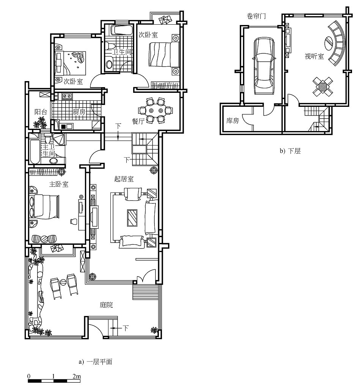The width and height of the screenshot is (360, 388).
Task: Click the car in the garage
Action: click(264, 66)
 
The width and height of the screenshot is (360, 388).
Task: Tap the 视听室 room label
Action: click(314, 56)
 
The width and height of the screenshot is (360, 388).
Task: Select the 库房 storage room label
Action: click(233, 120)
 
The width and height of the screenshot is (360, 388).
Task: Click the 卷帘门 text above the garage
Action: click(256, 16)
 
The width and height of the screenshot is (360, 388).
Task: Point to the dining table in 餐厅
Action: click(156, 110)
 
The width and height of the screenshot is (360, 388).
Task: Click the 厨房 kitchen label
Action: click(79, 112)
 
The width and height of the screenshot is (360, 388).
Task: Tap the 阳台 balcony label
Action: click(41, 112)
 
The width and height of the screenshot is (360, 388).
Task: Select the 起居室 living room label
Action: click(124, 179)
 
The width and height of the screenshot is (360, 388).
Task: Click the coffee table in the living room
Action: click(132, 218)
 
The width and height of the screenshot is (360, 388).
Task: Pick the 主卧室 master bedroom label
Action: click(59, 184)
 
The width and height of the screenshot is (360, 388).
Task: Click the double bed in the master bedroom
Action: click(45, 207)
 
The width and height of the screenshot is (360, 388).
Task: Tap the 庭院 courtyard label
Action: click(106, 305)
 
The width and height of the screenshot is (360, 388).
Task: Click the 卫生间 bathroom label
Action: click(121, 52)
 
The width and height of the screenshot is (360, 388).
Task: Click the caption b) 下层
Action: click(290, 151)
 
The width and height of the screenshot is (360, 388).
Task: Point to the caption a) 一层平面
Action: click(96, 362)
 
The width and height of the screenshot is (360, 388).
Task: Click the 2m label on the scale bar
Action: click(77, 376)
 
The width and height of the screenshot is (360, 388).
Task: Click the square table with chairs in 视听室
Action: click(322, 86)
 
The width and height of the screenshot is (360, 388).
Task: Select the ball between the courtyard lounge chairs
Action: click(63, 282)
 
